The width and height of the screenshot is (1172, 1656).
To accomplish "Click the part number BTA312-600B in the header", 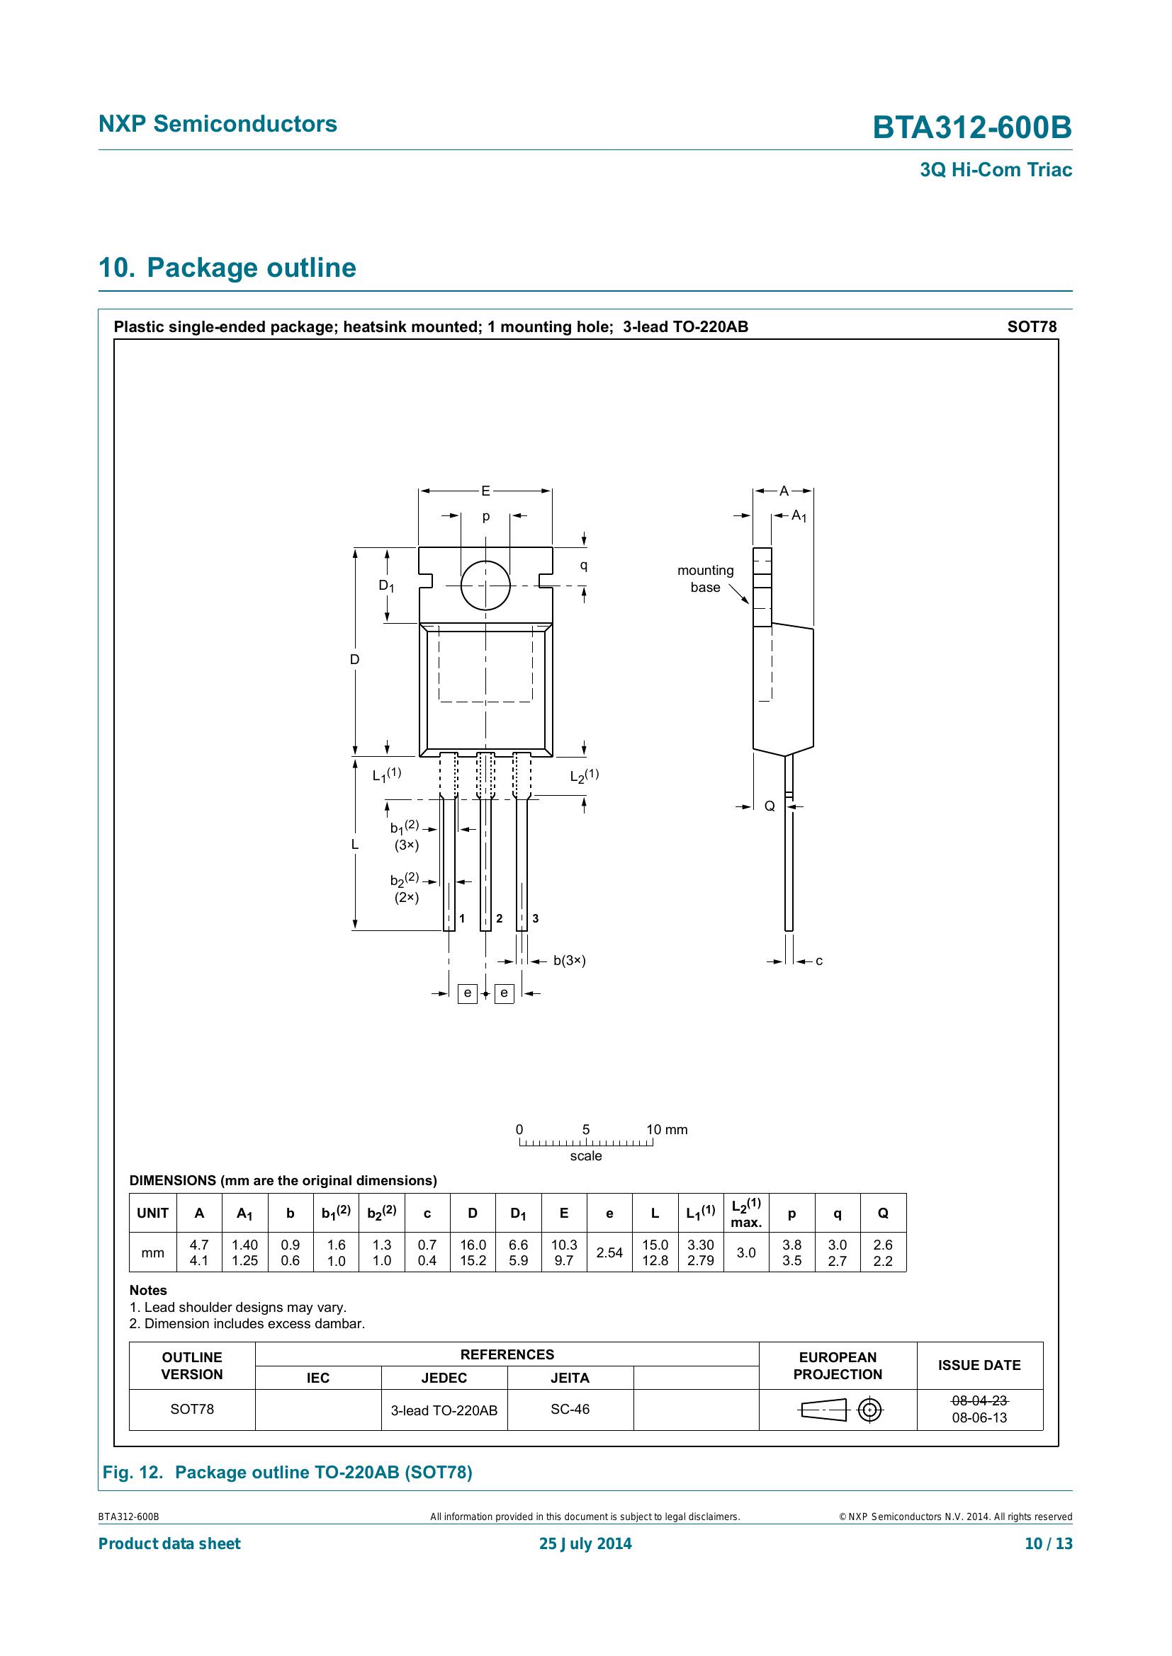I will (x=971, y=127).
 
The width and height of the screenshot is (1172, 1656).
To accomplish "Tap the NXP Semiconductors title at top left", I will (x=218, y=124).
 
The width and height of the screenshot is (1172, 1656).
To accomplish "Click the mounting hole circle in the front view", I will (x=485, y=585).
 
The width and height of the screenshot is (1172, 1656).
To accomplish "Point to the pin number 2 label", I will (x=499, y=918).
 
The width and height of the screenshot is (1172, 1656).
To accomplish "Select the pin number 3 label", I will (x=535, y=918).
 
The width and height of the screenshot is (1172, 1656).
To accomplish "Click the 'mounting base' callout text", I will (x=704, y=578).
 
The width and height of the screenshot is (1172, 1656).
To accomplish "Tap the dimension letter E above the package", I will (x=485, y=491).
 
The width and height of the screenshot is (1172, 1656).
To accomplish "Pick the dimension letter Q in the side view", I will (x=770, y=806).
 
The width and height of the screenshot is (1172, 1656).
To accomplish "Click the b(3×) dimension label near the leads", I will (x=570, y=961).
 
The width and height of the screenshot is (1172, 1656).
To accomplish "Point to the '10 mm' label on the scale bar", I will (x=667, y=1129).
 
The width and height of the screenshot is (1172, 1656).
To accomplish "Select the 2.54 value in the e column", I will (x=609, y=1253).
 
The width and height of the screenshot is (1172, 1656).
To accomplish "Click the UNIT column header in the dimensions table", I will (x=152, y=1214).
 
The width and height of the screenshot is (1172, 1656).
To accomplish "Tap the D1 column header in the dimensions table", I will (x=518, y=1214).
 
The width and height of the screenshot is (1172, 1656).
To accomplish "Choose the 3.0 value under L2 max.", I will (x=746, y=1253).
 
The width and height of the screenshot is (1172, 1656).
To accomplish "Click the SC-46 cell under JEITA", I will (x=570, y=1409).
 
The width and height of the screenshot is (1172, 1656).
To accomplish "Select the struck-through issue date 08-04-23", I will (x=979, y=1400).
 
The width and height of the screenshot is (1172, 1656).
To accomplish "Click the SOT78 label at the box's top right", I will (x=1031, y=326).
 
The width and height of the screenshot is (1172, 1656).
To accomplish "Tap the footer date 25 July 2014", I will (x=585, y=1543).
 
